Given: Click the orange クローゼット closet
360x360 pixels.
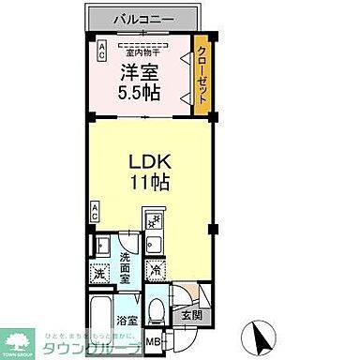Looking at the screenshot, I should tap(202, 75).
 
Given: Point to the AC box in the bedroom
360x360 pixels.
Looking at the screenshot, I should tap(101, 52).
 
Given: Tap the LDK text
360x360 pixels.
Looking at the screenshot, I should tap(148, 161).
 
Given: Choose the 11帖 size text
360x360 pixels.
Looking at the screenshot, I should tap(148, 182).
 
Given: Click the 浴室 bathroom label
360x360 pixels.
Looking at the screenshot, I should tap(125, 322).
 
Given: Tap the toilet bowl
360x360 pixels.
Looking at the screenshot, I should tap(157, 308).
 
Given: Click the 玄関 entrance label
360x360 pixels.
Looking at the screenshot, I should tap(190, 315).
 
